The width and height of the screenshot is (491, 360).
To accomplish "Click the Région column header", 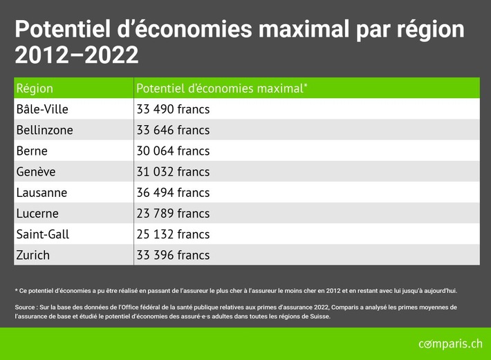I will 35,88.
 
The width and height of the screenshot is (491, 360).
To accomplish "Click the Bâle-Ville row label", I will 42,109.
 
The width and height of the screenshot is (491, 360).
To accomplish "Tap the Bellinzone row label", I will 44,130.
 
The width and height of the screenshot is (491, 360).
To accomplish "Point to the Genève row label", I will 36,172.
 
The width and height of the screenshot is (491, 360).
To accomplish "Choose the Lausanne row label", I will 42,193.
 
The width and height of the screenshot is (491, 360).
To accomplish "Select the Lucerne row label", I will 37,214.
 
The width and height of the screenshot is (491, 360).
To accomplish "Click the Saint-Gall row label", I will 43,234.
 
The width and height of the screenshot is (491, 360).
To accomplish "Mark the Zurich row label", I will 33,255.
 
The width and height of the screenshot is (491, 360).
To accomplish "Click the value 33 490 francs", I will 173,109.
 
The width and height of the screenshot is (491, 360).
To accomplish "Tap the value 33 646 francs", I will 173,130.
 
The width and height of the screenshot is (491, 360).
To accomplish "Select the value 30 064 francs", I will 173,151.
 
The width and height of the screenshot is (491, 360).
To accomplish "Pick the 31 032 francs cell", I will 173,172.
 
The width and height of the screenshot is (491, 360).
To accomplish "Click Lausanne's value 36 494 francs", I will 173,193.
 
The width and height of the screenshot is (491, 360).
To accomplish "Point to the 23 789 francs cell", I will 173,214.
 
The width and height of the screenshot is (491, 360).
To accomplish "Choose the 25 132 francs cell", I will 173,234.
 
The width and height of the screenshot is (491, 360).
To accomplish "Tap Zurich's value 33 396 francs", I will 173,255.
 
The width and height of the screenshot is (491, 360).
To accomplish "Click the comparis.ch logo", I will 450,343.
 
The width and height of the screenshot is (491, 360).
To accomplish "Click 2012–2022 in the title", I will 76,55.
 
